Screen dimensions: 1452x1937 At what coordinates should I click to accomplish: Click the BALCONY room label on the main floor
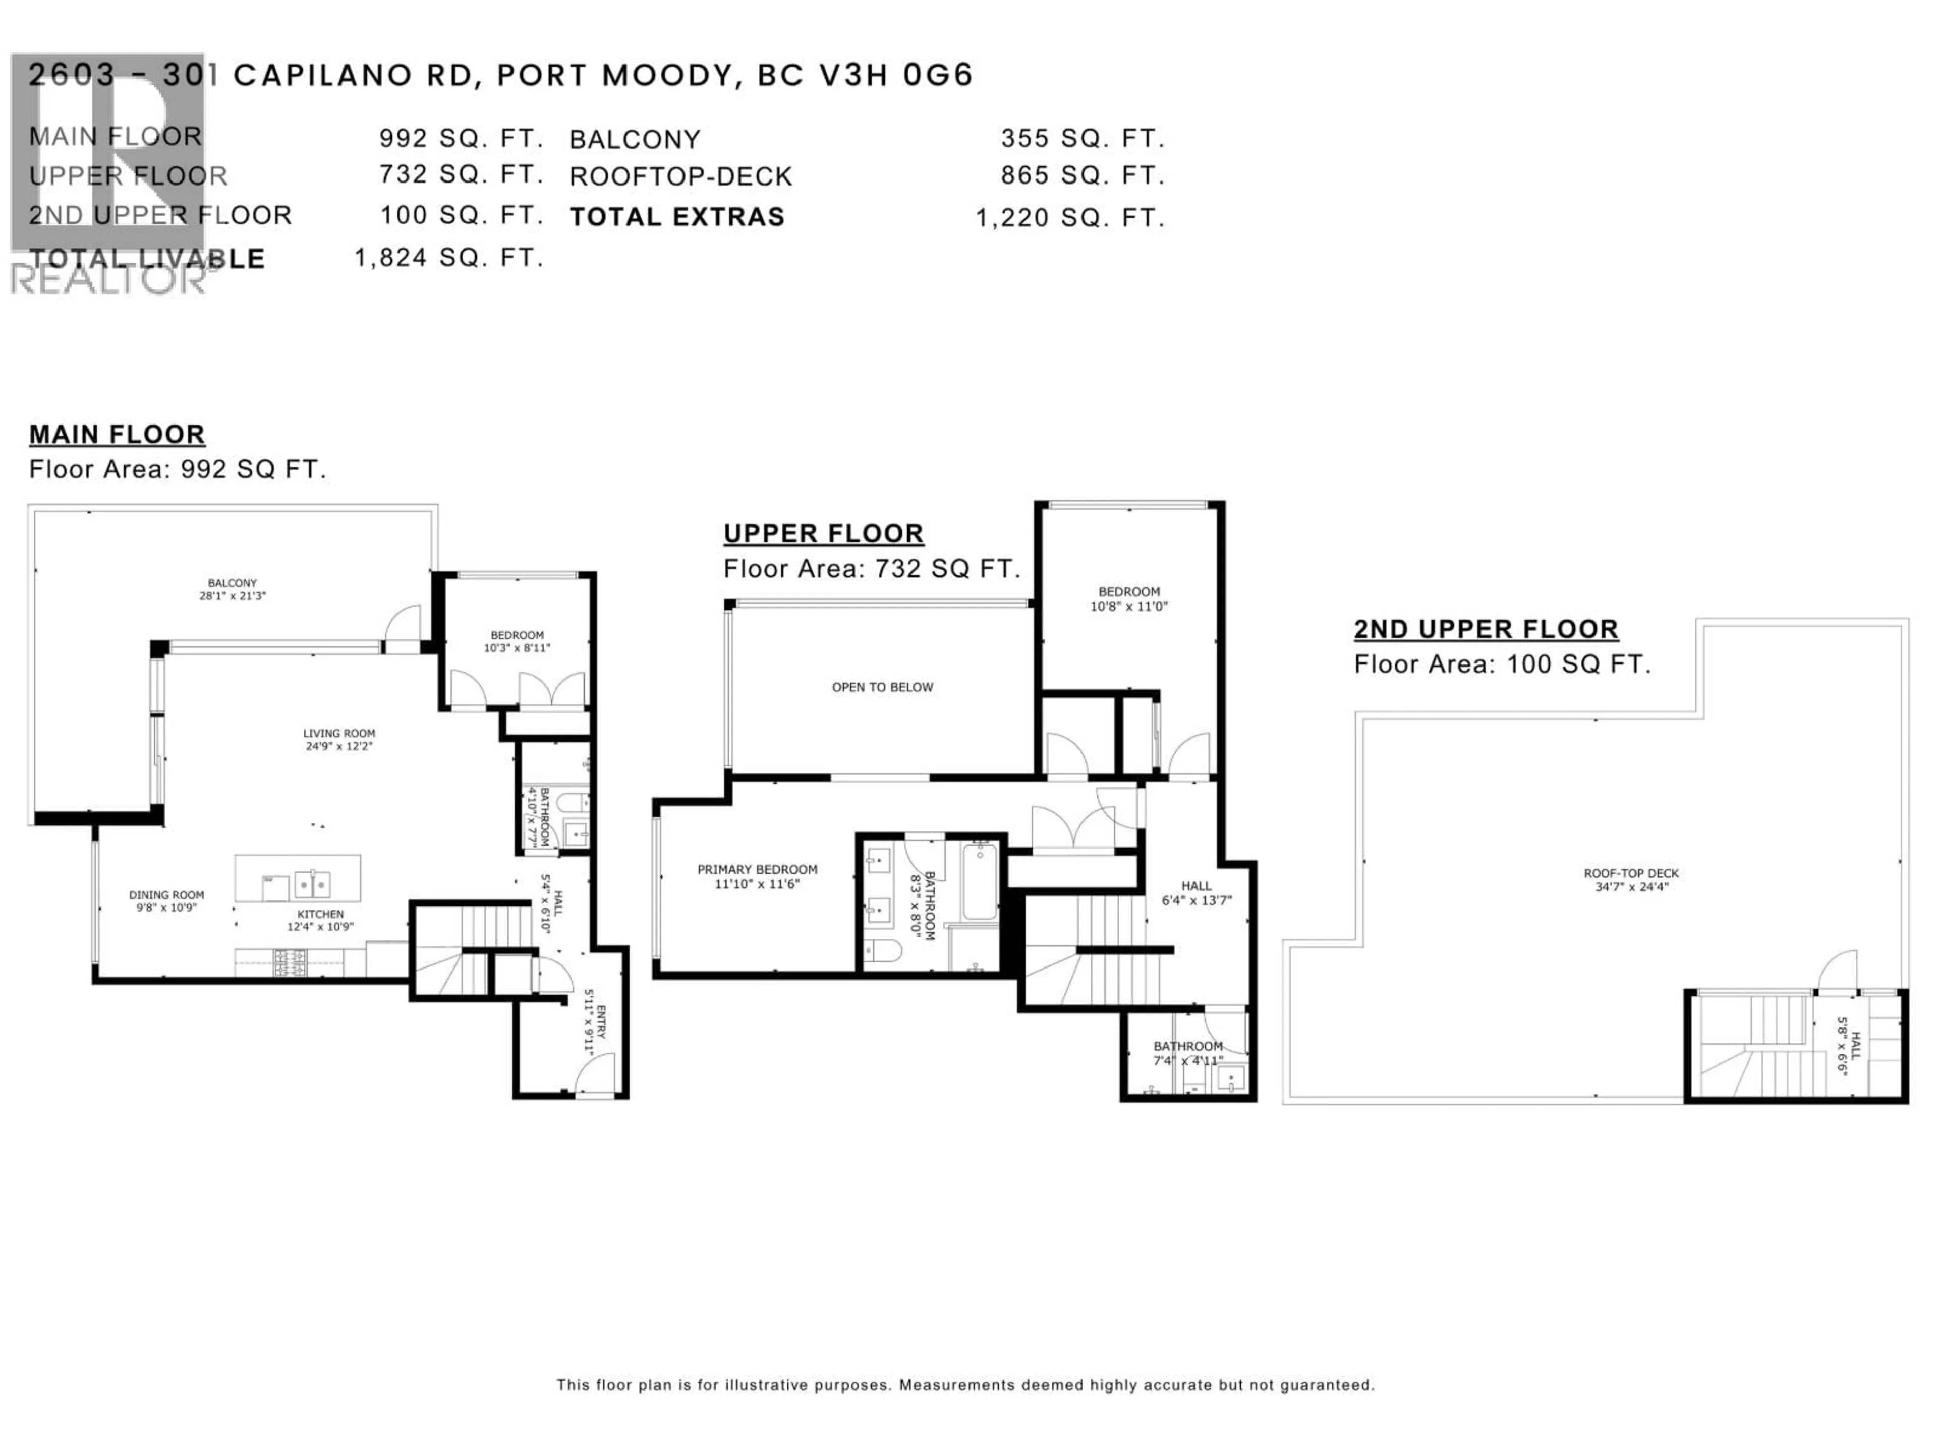(x=232, y=583)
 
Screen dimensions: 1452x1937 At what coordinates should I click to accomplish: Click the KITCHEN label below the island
(x=320, y=914)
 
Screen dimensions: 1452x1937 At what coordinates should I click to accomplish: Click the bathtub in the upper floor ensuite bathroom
(x=980, y=880)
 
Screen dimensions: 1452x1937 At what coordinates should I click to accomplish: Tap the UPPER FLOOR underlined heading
(x=823, y=534)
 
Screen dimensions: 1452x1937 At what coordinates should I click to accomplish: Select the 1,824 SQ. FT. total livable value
(x=448, y=257)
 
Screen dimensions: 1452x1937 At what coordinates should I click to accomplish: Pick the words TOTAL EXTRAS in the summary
(x=677, y=217)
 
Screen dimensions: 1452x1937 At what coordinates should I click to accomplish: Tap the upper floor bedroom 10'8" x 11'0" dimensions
(x=1129, y=606)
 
